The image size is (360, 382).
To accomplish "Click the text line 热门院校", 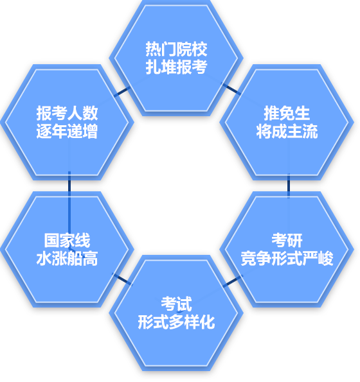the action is click(x=176, y=49).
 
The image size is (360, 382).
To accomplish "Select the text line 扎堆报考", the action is click(x=176, y=67).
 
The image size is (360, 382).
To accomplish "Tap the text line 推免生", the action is click(x=287, y=113).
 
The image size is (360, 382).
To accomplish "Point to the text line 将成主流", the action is click(x=287, y=132).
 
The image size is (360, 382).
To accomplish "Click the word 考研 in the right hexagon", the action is click(x=287, y=241).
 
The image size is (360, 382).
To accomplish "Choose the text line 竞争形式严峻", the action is click(x=287, y=258).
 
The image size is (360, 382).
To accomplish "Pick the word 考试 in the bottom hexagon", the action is click(x=176, y=304).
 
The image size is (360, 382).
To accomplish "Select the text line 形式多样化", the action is click(x=176, y=322).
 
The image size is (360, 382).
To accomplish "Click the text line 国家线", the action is click(x=67, y=241).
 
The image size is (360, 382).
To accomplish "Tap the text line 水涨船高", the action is click(x=67, y=258).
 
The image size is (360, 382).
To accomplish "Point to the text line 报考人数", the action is click(x=67, y=113).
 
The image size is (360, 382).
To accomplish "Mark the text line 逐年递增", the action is click(x=67, y=132).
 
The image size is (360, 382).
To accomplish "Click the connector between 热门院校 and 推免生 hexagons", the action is click(x=231, y=89).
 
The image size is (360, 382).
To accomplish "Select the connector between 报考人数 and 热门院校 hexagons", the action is click(x=122, y=92).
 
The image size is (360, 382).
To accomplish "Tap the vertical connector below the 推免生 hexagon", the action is click(x=289, y=186).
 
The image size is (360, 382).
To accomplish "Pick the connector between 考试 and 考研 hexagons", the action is click(x=233, y=281).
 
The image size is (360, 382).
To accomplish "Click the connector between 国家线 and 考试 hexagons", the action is click(x=122, y=279).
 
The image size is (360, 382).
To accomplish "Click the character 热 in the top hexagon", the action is click(x=153, y=49).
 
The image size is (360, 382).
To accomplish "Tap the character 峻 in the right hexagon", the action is click(x=326, y=258).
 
